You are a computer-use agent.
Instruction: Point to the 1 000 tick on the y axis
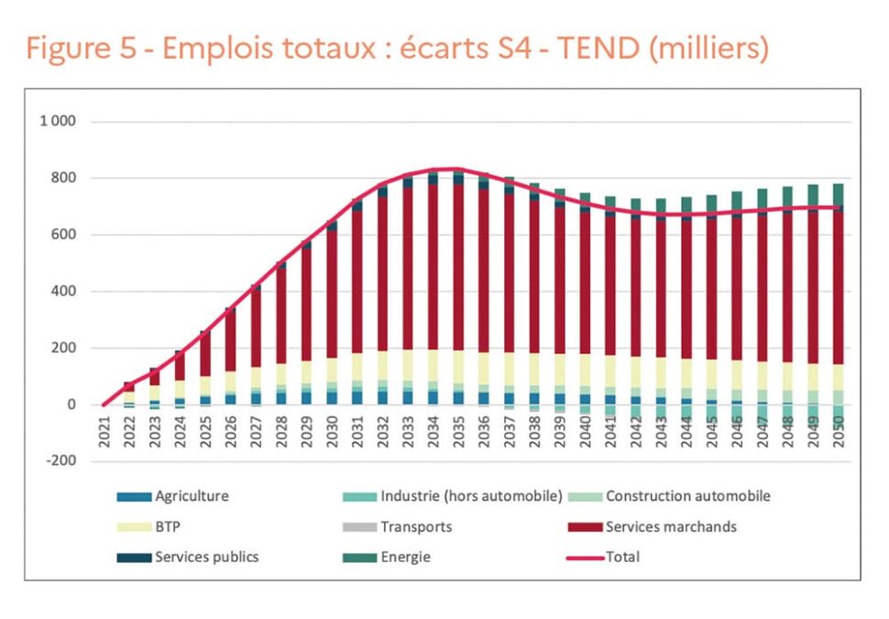click(x=58, y=121)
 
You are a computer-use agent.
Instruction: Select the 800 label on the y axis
click(x=62, y=178)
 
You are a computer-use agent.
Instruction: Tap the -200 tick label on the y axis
click(x=60, y=461)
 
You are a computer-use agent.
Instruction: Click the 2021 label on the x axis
click(x=104, y=431)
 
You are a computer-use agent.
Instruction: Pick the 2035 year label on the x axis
click(x=459, y=431)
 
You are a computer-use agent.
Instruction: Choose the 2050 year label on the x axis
click(x=838, y=431)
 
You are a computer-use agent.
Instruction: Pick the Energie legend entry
click(x=405, y=557)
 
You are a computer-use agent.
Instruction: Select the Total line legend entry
click(x=622, y=557)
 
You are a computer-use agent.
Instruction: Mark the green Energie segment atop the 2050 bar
click(x=838, y=193)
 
